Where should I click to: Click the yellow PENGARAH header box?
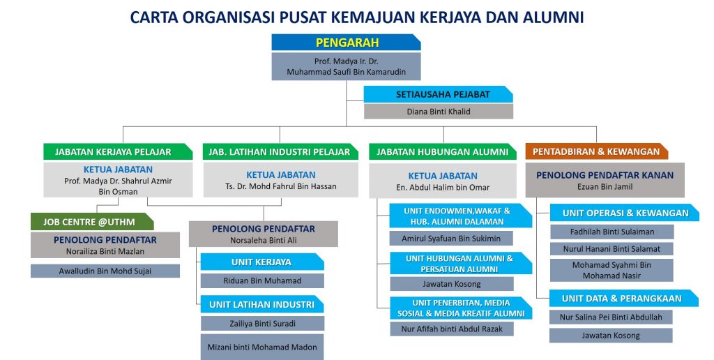click(346, 43)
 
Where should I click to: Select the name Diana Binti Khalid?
click(439, 112)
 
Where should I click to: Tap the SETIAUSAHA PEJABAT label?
click(443, 95)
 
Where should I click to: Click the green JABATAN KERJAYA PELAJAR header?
click(118, 152)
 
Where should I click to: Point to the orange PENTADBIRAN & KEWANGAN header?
click(597, 151)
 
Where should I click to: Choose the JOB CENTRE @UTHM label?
click(89, 223)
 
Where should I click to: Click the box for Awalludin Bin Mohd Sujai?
click(105, 271)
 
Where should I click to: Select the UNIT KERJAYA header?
click(262, 262)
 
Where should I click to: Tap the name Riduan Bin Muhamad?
click(262, 280)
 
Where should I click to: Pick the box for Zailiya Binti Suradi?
click(262, 324)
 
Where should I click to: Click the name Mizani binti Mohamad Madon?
click(262, 347)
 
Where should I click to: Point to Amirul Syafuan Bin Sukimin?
click(451, 239)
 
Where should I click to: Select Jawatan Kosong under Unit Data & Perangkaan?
click(611, 336)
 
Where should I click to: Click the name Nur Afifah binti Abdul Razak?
click(452, 329)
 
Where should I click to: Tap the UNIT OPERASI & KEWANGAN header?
click(625, 213)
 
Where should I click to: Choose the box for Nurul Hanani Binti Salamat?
click(612, 249)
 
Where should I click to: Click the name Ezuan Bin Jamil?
click(605, 187)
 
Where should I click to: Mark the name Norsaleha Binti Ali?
click(263, 240)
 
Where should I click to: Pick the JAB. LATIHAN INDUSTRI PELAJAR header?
click(280, 152)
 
